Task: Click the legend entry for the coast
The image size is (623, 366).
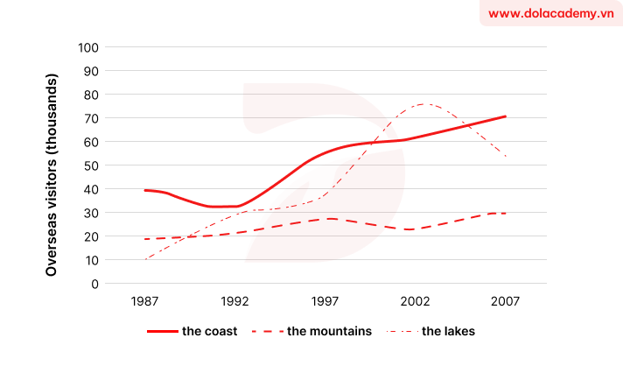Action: coord(192,332)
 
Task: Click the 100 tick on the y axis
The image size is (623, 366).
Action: coord(88,47)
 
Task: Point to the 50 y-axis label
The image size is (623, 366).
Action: coord(92,165)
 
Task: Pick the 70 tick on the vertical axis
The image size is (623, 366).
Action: coord(92,118)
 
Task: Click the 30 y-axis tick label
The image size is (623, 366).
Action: coord(92,213)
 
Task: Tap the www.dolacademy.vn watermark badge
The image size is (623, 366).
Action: coord(550,14)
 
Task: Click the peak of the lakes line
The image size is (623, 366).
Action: coord(424,104)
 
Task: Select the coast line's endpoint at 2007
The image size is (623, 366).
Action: coord(506,116)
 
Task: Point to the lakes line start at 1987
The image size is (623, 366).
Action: coord(144,259)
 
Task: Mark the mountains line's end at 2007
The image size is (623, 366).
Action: coord(506,213)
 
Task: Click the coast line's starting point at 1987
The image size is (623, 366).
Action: coord(144,190)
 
